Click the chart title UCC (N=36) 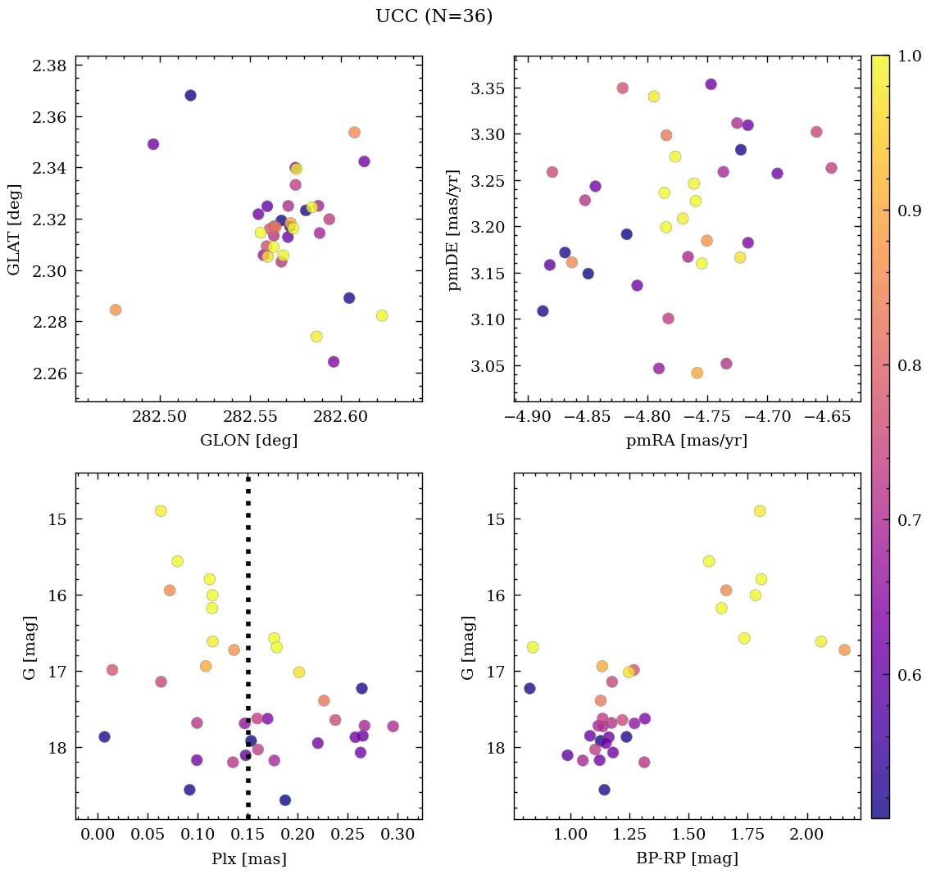pos(434,16)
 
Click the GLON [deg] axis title pos(248,441)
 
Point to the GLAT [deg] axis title pos(14,229)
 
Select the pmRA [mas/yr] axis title pos(687,441)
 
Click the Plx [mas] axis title pos(248,859)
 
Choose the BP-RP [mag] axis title pos(687,859)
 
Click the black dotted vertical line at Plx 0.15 pos(248,573)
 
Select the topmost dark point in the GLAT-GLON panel pos(190,95)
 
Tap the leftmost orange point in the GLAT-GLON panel pos(116,310)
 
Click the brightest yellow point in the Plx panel pos(161,511)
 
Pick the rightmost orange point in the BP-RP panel pos(844,650)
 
